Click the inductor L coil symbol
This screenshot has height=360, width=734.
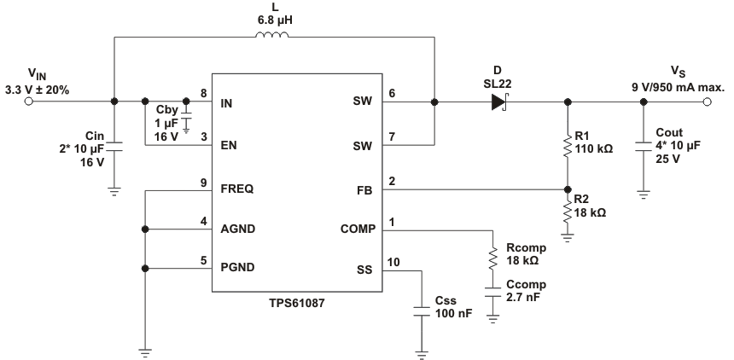272,36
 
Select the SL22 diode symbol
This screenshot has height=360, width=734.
498,102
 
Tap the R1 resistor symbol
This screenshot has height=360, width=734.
568,146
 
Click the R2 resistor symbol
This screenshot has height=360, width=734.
568,211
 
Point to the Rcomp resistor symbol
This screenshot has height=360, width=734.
493,258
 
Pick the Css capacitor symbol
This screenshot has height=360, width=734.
421,310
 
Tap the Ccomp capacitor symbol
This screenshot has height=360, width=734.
493,293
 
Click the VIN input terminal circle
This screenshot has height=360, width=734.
28,102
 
